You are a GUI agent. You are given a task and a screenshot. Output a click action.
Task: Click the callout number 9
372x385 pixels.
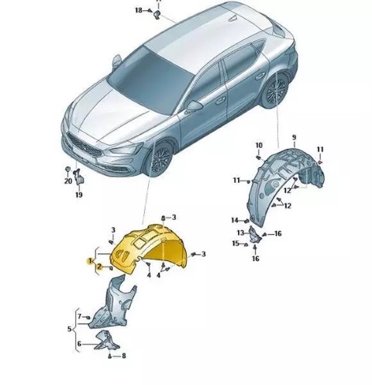pyautogui.click(x=294, y=138)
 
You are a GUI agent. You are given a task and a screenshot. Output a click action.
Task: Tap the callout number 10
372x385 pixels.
pyautogui.click(x=259, y=146)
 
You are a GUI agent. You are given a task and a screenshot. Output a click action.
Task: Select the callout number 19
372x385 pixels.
pyautogui.click(x=79, y=194)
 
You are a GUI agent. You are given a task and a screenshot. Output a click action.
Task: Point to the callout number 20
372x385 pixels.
pyautogui.click(x=68, y=181)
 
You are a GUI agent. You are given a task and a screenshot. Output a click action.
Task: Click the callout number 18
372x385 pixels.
pyautogui.click(x=139, y=10)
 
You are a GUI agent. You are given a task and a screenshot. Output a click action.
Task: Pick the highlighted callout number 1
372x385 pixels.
pyautogui.click(x=90, y=261)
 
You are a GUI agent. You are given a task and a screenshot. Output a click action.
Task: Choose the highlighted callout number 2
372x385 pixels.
pyautogui.click(x=100, y=267)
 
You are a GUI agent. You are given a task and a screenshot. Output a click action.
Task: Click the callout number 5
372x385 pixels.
pyautogui.click(x=69, y=329)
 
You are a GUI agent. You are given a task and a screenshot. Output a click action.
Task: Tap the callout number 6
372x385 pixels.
pyautogui.click(x=79, y=344)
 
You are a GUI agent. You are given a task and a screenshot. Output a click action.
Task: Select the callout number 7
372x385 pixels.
pyautogui.click(x=80, y=316)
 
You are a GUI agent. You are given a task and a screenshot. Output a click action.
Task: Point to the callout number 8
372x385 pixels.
pyautogui.click(x=124, y=356)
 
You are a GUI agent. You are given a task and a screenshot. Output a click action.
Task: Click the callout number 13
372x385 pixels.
pyautogui.click(x=240, y=233)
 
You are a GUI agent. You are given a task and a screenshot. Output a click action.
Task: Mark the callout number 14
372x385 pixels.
pyautogui.click(x=235, y=220)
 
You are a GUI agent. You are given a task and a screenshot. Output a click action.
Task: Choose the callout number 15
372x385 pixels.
pyautogui.click(x=236, y=243)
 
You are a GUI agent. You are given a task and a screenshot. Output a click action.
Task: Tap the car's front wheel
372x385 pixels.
pyautogui.click(x=158, y=158)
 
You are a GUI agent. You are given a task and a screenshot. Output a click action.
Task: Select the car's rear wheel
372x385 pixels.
pyautogui.click(x=275, y=91)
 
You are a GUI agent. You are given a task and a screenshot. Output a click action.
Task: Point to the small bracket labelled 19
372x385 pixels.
pyautogui.click(x=78, y=177)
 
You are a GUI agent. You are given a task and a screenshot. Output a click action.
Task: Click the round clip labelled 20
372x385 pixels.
pyautogui.click(x=67, y=170)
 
